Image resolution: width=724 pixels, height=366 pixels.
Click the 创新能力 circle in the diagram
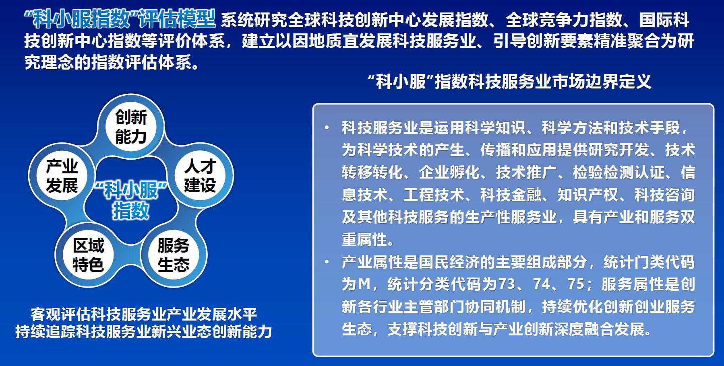131,127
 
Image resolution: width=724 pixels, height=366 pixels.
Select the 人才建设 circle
200,176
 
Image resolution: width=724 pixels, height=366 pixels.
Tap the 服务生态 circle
174,255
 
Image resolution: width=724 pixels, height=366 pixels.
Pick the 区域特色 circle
88,255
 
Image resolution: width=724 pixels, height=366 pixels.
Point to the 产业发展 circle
62,176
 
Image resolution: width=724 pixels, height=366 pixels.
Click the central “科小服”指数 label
131,200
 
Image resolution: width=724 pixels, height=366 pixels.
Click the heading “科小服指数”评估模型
120,19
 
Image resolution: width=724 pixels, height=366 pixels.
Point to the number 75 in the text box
576,284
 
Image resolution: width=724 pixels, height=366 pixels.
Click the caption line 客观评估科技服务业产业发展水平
144,314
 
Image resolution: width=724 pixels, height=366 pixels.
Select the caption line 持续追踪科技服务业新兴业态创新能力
144,331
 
